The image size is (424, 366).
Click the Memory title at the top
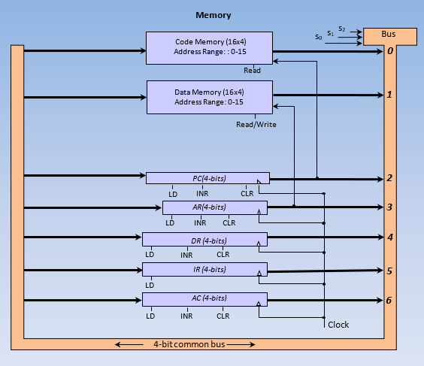pos(213,15)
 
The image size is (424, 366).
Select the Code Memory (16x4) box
pos(208,47)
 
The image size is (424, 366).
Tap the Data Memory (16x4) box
pos(208,97)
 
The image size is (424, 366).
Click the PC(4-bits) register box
pos(207,178)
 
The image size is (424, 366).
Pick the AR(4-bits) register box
pos(215,207)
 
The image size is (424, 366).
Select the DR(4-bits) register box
pos(204,240)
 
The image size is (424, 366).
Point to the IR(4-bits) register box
pos(204,269)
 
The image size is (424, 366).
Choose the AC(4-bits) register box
pos(204,298)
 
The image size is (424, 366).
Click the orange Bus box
pos(389,35)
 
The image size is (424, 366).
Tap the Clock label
pos(338,325)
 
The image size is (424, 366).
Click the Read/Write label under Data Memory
pos(256,125)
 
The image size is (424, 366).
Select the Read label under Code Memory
pos(252,70)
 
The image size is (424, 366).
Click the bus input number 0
pos(390,51)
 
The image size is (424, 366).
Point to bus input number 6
pos(389,300)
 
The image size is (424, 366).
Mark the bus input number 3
pos(389,207)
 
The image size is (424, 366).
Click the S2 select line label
pos(341,29)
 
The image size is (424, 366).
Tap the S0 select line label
pos(318,36)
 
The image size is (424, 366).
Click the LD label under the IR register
pos(150,285)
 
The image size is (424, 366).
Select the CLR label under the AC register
pos(223,316)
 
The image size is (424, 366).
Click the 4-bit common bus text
pos(186,345)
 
